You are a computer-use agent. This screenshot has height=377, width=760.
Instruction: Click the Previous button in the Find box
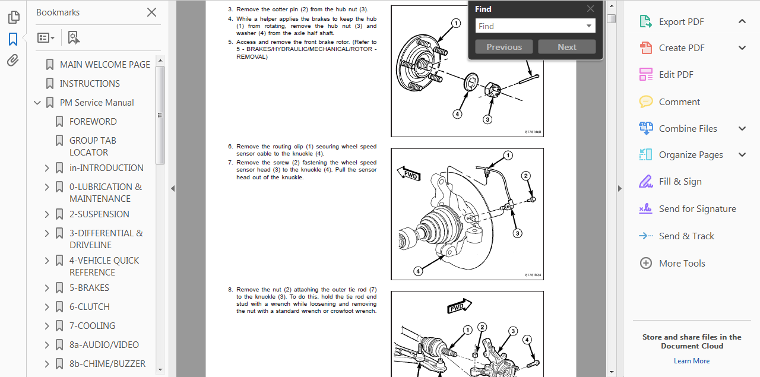(x=504, y=47)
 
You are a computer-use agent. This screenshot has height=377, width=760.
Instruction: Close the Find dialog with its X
(x=590, y=9)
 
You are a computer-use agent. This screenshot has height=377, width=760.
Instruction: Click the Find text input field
(x=530, y=26)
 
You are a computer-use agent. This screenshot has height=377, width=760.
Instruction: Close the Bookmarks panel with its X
(x=151, y=12)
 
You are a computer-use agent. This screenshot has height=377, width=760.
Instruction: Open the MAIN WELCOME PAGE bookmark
(x=104, y=64)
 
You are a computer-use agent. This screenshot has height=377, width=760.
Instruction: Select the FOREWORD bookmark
(x=93, y=121)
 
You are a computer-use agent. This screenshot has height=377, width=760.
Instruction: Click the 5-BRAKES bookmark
(x=89, y=287)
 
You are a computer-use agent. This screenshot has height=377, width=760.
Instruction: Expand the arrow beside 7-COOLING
(x=47, y=325)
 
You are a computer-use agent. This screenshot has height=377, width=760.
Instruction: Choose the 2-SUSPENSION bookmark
(x=99, y=214)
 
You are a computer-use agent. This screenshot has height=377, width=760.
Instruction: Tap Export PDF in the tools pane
(x=681, y=22)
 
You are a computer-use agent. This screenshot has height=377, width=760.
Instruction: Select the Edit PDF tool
(x=676, y=74)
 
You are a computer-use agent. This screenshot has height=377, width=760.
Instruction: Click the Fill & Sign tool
(x=680, y=181)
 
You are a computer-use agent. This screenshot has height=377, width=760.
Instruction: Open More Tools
(x=682, y=263)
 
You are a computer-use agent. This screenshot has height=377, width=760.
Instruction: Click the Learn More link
(x=692, y=361)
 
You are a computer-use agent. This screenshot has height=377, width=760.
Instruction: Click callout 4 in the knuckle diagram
(x=418, y=271)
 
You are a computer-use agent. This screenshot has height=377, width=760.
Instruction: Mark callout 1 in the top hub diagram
(x=456, y=24)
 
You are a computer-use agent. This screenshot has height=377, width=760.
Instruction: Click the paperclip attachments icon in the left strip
(x=13, y=61)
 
